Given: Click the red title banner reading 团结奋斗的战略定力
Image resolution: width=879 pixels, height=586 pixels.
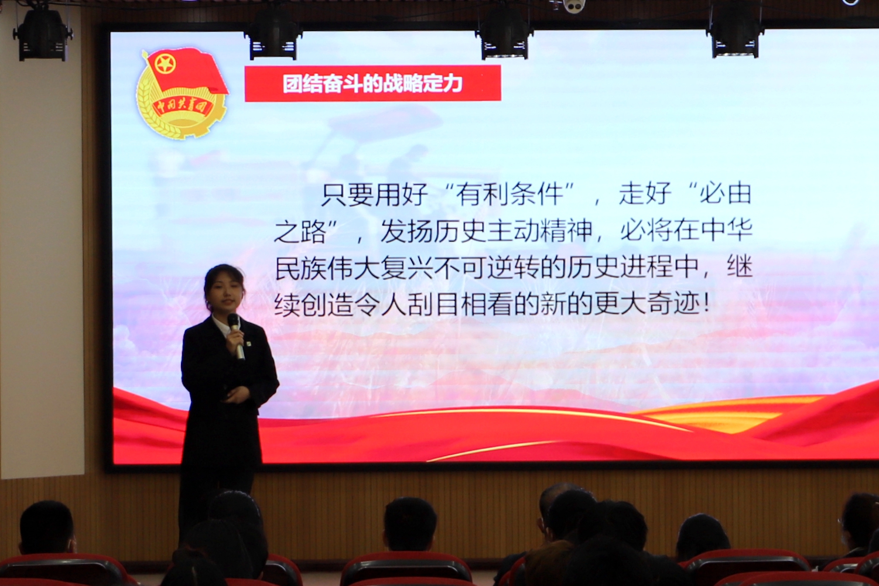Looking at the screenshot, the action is (373, 83).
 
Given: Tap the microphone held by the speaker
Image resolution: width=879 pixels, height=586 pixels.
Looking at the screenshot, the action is (236, 336).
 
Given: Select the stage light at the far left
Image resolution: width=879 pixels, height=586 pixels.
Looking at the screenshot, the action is (42, 35).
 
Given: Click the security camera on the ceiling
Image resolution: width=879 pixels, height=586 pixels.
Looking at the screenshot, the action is (574, 6).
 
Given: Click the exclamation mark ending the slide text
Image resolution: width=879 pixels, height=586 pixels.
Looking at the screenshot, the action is (707, 304).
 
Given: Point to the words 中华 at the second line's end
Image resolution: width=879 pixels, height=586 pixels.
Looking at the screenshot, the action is (726, 231).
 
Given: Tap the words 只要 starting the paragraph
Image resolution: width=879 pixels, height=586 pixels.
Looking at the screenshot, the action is (348, 194).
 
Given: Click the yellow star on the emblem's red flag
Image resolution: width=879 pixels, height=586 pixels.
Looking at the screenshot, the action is (165, 64).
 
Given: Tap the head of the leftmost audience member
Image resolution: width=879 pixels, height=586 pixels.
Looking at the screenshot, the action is (47, 526).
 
